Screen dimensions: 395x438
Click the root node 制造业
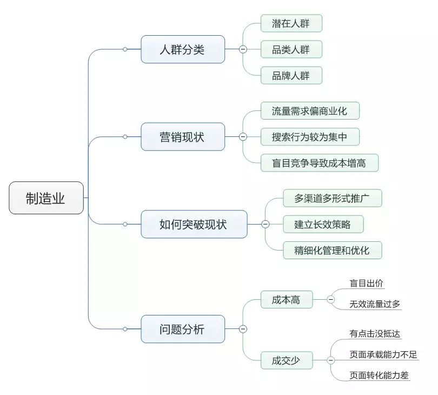click(x=46, y=198)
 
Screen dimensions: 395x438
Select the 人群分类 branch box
click(x=183, y=49)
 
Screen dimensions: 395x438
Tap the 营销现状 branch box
click(x=183, y=136)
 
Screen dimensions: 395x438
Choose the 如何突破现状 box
click(x=194, y=224)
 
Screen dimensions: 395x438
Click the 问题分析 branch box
click(x=183, y=328)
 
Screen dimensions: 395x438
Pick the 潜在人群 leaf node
click(x=291, y=23)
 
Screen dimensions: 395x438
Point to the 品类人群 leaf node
click(x=291, y=49)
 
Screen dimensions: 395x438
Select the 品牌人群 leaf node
click(x=291, y=75)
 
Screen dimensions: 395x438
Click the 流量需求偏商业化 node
click(x=310, y=111)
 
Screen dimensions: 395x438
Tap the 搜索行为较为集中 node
click(x=310, y=136)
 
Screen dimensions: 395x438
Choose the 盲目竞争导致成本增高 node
click(x=319, y=162)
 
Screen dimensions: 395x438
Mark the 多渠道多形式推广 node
click(x=332, y=198)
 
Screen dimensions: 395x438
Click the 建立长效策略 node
click(x=323, y=224)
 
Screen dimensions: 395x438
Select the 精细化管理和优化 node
click(x=332, y=250)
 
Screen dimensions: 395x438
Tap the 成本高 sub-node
click(x=286, y=300)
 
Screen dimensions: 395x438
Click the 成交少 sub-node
click(x=286, y=360)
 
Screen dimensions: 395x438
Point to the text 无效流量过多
click(x=375, y=304)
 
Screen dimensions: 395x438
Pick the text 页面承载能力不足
click(x=383, y=355)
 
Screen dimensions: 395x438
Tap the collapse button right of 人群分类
click(x=243, y=49)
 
